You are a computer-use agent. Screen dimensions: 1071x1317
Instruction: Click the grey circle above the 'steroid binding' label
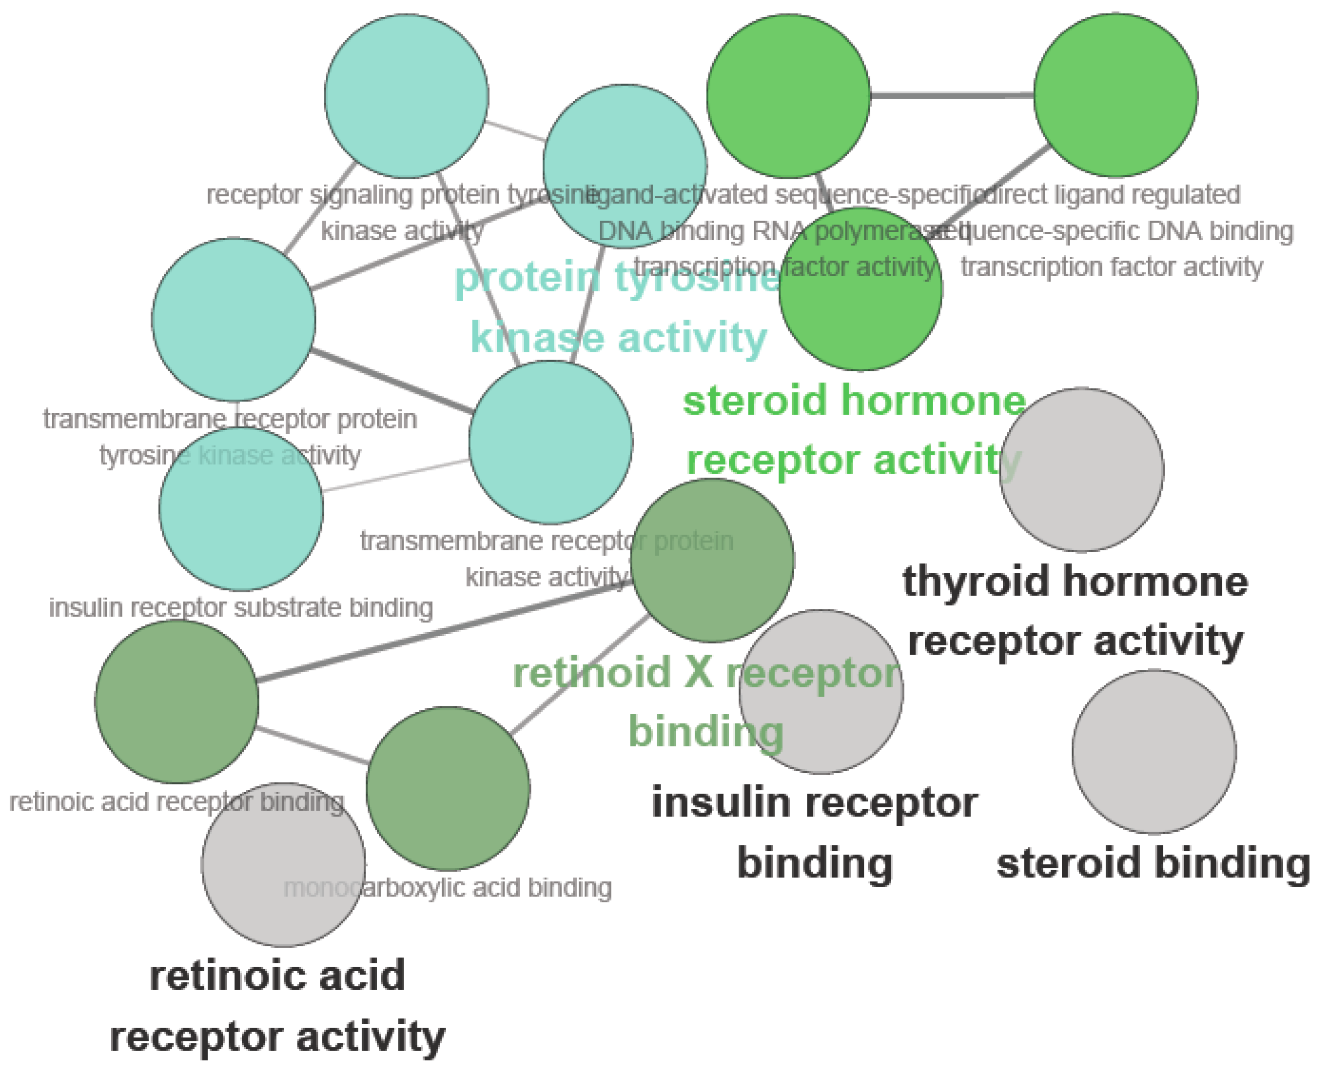click(1153, 752)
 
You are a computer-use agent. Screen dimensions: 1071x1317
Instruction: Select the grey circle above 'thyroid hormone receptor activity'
click(1081, 470)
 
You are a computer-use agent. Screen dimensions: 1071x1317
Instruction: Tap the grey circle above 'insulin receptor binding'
click(821, 692)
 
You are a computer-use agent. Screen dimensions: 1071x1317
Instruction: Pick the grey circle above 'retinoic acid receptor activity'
click(283, 864)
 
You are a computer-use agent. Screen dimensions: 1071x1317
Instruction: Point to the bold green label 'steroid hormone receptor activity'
click(854, 430)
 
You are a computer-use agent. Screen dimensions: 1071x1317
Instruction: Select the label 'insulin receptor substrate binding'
click(241, 608)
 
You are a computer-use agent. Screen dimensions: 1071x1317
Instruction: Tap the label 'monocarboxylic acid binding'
click(447, 888)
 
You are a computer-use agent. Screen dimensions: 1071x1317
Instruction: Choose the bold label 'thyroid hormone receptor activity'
click(1075, 611)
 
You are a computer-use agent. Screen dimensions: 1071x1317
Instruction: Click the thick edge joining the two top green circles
click(952, 96)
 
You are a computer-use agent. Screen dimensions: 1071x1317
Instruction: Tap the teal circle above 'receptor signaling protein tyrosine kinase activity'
click(406, 96)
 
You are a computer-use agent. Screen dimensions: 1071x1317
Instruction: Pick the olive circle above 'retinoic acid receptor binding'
click(176, 701)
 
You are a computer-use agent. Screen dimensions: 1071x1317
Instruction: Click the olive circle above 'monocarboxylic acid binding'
click(448, 788)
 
